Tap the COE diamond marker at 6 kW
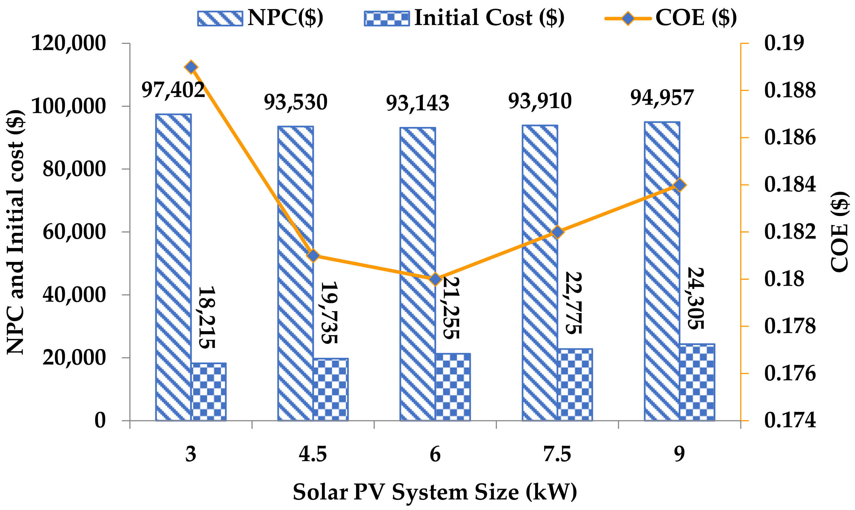click(435, 279)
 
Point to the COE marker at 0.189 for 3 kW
click(191, 67)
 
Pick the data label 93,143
click(418, 103)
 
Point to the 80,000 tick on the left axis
click(74, 169)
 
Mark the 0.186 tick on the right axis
click(790, 137)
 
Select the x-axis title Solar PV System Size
click(435, 492)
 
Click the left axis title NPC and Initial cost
click(16, 232)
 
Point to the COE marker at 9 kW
click(680, 185)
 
